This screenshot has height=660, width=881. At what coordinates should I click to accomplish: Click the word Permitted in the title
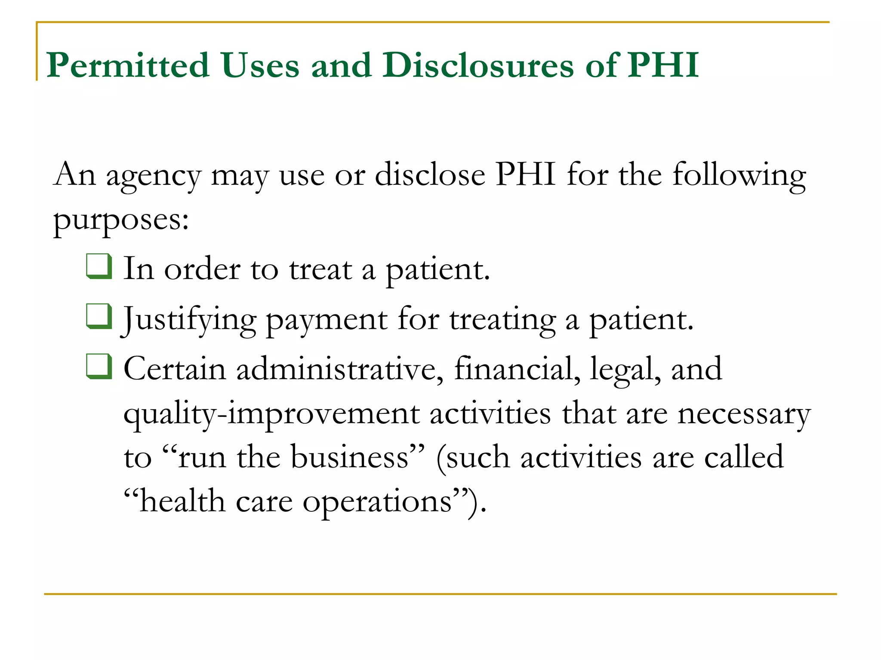point(128,65)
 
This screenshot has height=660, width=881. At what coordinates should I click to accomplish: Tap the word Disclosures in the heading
point(478,65)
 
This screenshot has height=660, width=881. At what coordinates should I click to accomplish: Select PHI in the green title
point(663,65)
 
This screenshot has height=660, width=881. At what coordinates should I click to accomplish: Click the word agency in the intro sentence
point(154,177)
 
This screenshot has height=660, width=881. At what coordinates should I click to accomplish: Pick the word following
point(739,177)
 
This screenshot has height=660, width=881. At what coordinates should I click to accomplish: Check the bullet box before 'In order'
point(99,266)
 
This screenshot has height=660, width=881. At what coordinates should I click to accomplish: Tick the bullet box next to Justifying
point(99,316)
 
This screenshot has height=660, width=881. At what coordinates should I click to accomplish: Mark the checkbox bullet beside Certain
point(99,367)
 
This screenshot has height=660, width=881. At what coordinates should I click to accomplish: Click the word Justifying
point(190,320)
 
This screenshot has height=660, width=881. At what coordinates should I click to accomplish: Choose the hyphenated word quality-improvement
point(271,415)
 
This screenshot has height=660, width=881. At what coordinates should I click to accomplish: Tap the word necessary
point(744,415)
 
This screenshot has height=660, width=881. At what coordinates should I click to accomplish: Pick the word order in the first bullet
point(202,269)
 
